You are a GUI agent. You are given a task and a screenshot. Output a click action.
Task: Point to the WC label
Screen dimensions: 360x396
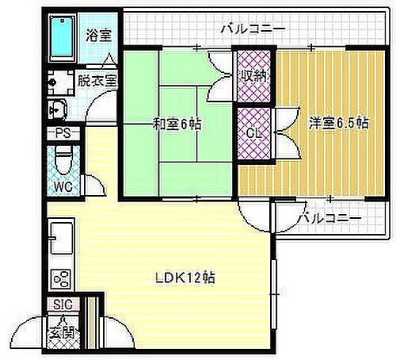pos(64,187)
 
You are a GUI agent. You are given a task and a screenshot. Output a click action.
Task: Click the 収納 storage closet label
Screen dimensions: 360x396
pos(254,76)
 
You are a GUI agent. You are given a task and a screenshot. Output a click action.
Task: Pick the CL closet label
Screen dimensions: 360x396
pos(254,132)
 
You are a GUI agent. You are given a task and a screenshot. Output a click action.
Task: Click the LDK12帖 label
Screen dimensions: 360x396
pos(186,278)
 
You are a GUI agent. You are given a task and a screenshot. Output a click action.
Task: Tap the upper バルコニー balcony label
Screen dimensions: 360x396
pos(252,29)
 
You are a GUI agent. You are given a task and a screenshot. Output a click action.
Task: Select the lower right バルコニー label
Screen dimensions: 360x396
pos(332,217)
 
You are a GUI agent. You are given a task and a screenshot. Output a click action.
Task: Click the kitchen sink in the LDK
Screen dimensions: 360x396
pos(61,235)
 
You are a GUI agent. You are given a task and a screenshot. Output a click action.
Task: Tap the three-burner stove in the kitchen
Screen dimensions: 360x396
pos(61,279)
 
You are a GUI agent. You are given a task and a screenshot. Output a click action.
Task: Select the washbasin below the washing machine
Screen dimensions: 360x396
pos(59,109)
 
